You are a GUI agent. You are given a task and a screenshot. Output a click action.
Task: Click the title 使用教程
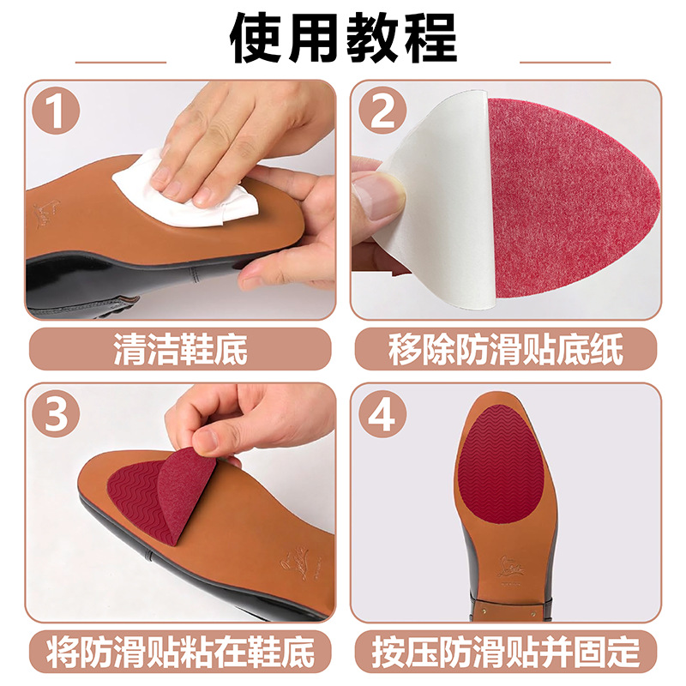tap(343, 39)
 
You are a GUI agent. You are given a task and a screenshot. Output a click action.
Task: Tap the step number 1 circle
tap(57, 111)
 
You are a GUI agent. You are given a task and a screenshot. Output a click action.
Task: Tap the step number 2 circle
tap(382, 111)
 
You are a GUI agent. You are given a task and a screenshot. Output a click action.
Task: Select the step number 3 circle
tap(57, 413)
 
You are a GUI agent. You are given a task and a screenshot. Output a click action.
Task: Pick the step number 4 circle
tap(382, 413)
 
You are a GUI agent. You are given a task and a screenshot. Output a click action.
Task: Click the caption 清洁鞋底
tap(180, 350)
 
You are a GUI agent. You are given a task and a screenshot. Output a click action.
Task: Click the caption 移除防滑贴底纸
tap(506, 350)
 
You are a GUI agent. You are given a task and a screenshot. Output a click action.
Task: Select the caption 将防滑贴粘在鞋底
tap(180, 652)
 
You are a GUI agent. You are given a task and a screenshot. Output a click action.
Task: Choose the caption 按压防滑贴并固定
tap(506, 652)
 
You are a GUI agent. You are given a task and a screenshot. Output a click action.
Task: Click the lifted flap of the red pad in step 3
tap(186, 496)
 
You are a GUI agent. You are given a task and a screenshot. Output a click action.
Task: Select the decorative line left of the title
tap(121, 62)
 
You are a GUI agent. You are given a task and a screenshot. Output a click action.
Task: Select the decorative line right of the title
tap(565, 62)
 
